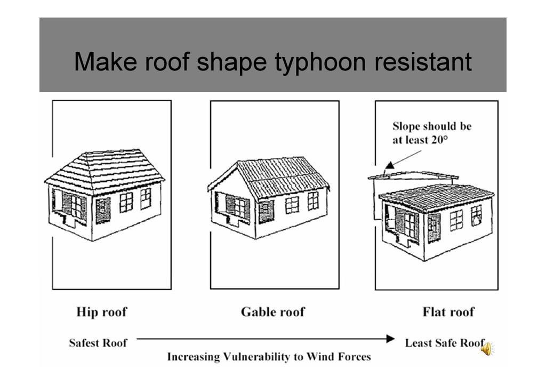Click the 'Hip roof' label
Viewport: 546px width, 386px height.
tap(102, 311)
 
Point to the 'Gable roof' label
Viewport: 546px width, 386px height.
tap(273, 311)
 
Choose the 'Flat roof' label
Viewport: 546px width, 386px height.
tap(448, 311)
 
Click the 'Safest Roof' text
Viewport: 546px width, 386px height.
tap(98, 343)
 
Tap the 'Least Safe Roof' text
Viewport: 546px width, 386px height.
tap(444, 343)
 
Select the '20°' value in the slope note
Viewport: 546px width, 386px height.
tap(437, 140)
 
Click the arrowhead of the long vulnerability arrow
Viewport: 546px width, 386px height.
tap(390, 339)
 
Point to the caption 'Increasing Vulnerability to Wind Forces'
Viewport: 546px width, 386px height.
tap(269, 357)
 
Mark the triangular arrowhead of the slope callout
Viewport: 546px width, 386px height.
tap(389, 165)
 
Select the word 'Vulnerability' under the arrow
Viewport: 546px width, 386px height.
tap(263, 357)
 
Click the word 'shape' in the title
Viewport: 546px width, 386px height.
tap(231, 62)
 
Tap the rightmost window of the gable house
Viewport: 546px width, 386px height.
tap(313, 200)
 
